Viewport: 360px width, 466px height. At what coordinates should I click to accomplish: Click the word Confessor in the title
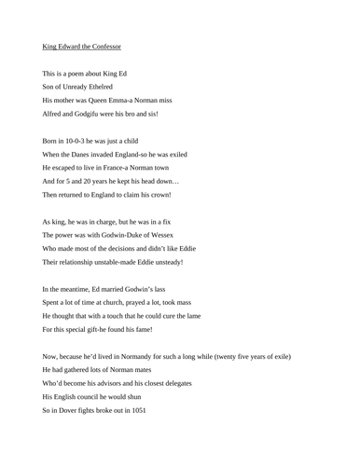104,45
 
